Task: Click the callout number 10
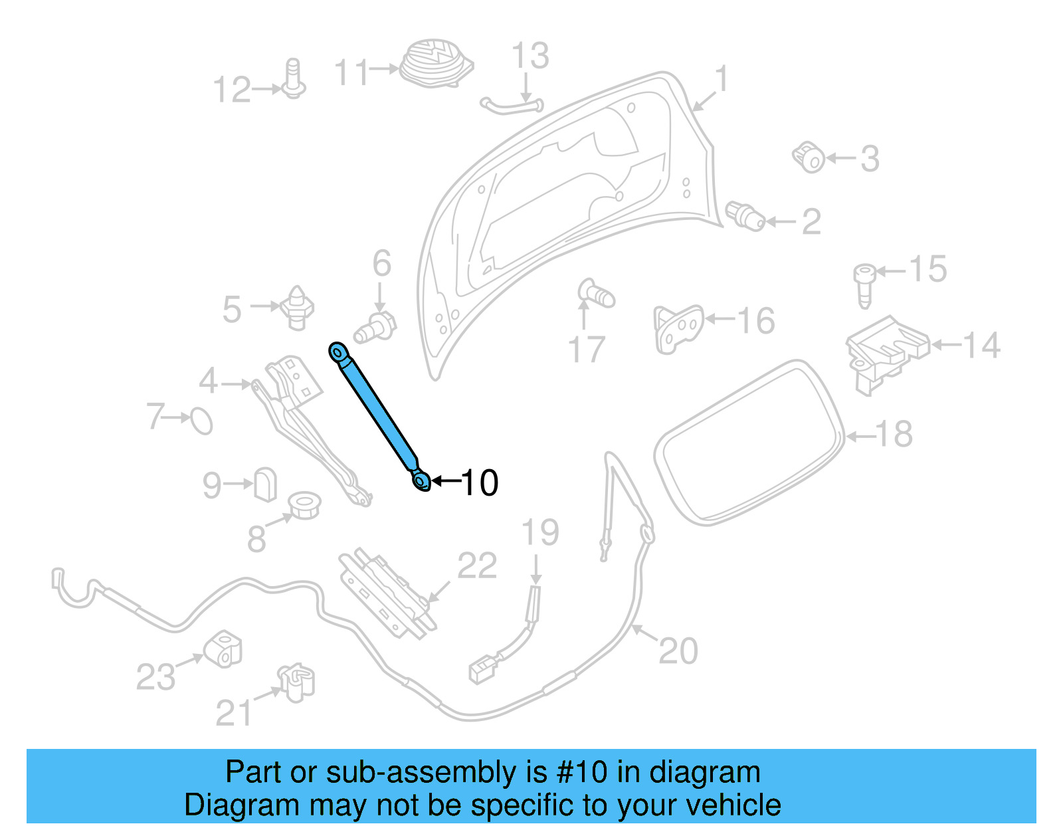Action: [479, 483]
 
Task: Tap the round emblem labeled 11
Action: [435, 63]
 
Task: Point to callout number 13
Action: [530, 56]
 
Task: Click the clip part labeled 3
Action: [809, 157]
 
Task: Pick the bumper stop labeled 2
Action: [746, 216]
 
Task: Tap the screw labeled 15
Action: [864, 284]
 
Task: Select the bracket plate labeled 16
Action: [678, 328]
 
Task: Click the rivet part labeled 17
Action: [596, 294]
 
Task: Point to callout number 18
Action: [894, 435]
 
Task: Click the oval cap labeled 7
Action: [201, 421]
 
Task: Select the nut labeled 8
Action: [305, 505]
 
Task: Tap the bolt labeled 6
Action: [376, 328]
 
